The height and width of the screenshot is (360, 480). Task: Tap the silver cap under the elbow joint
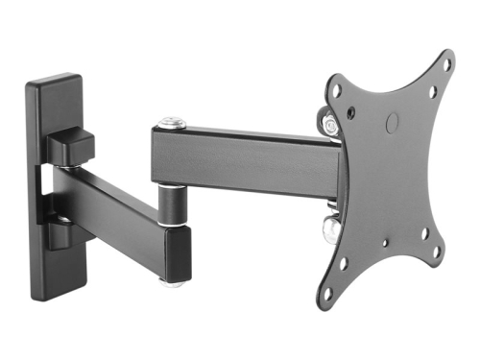pos(171,282)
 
